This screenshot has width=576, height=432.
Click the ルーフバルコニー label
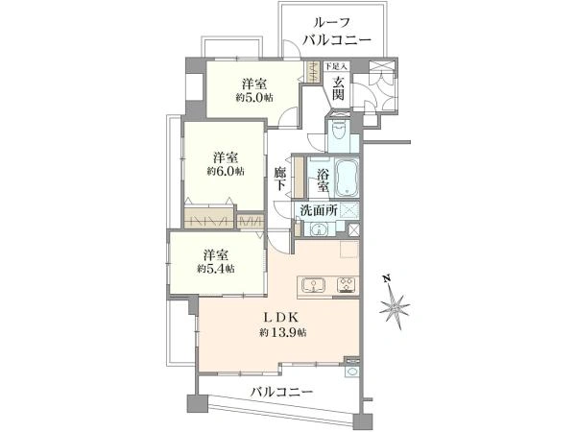point(331,32)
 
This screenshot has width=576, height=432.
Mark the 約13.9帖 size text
point(281,332)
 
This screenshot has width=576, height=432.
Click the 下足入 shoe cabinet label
point(335,65)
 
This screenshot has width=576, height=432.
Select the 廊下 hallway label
point(279,179)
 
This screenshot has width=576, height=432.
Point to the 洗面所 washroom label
point(316,210)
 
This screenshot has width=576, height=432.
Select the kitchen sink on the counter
point(315,284)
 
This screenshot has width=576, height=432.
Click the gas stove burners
point(346,284)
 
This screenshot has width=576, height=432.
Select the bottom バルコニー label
point(281,393)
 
